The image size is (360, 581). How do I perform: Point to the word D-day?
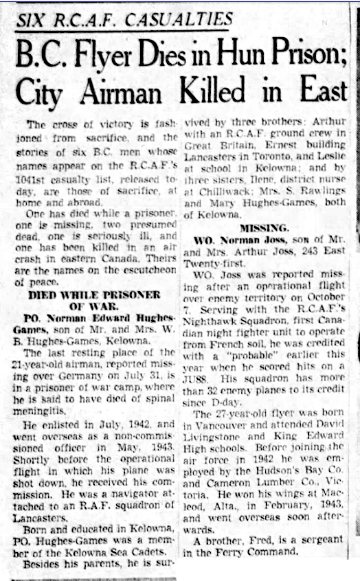218,402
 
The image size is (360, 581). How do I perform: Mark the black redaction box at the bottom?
269,569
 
